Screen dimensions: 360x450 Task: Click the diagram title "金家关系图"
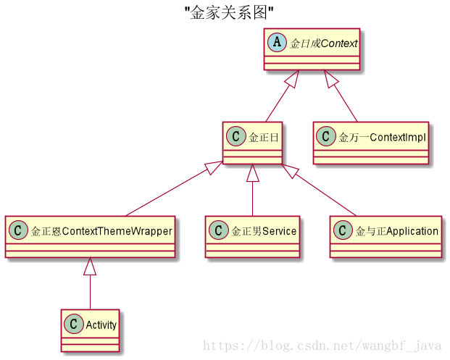228,12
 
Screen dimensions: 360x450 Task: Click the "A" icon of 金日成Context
277,43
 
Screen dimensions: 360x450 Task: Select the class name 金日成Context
323,43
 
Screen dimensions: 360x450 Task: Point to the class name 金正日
264,136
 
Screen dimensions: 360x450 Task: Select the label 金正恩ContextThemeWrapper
101,231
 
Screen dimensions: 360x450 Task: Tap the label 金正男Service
264,231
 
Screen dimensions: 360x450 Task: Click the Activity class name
101,325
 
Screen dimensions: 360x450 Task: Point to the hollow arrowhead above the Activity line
90,267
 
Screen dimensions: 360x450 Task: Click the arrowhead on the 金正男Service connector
252,173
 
